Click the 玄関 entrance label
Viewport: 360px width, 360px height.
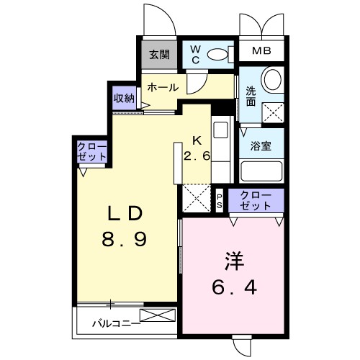point(158,55)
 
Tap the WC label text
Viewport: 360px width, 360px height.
point(195,55)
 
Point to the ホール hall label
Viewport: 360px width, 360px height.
point(163,87)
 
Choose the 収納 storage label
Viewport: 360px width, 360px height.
point(123,99)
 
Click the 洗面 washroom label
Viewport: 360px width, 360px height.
point(251,97)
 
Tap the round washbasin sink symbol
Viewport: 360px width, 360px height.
point(271,78)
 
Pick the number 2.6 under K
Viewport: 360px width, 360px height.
point(196,156)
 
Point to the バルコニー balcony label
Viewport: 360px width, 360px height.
point(116,323)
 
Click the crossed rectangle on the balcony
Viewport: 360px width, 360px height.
point(158,315)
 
